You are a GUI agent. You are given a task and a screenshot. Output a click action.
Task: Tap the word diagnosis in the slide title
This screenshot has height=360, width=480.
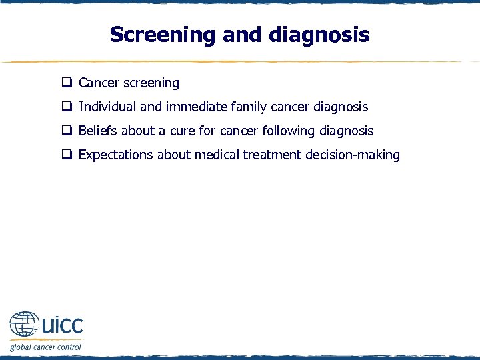coord(319,35)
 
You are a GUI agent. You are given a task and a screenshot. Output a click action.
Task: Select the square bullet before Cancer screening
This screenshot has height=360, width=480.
coord(67,83)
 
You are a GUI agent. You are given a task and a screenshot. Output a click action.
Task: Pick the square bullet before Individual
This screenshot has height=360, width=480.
coord(67,107)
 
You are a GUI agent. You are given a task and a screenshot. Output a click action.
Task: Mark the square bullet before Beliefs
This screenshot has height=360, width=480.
coord(67,131)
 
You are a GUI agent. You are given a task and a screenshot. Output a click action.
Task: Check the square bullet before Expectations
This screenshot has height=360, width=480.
coord(67,155)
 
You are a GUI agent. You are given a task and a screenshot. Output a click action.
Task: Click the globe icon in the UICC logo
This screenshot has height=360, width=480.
coord(25,325)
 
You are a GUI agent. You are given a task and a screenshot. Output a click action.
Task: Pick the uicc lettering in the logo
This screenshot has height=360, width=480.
coord(61,325)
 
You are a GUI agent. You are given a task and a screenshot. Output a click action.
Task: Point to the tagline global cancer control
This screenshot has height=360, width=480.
coord(45,347)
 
